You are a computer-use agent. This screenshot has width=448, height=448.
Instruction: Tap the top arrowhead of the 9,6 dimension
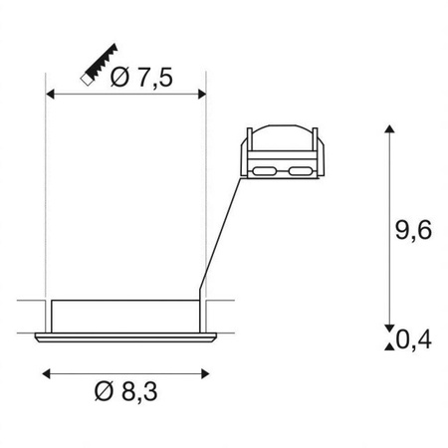(387, 131)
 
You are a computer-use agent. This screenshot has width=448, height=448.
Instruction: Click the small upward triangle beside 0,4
(387, 344)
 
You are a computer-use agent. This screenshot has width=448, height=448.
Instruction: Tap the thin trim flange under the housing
(126, 338)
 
